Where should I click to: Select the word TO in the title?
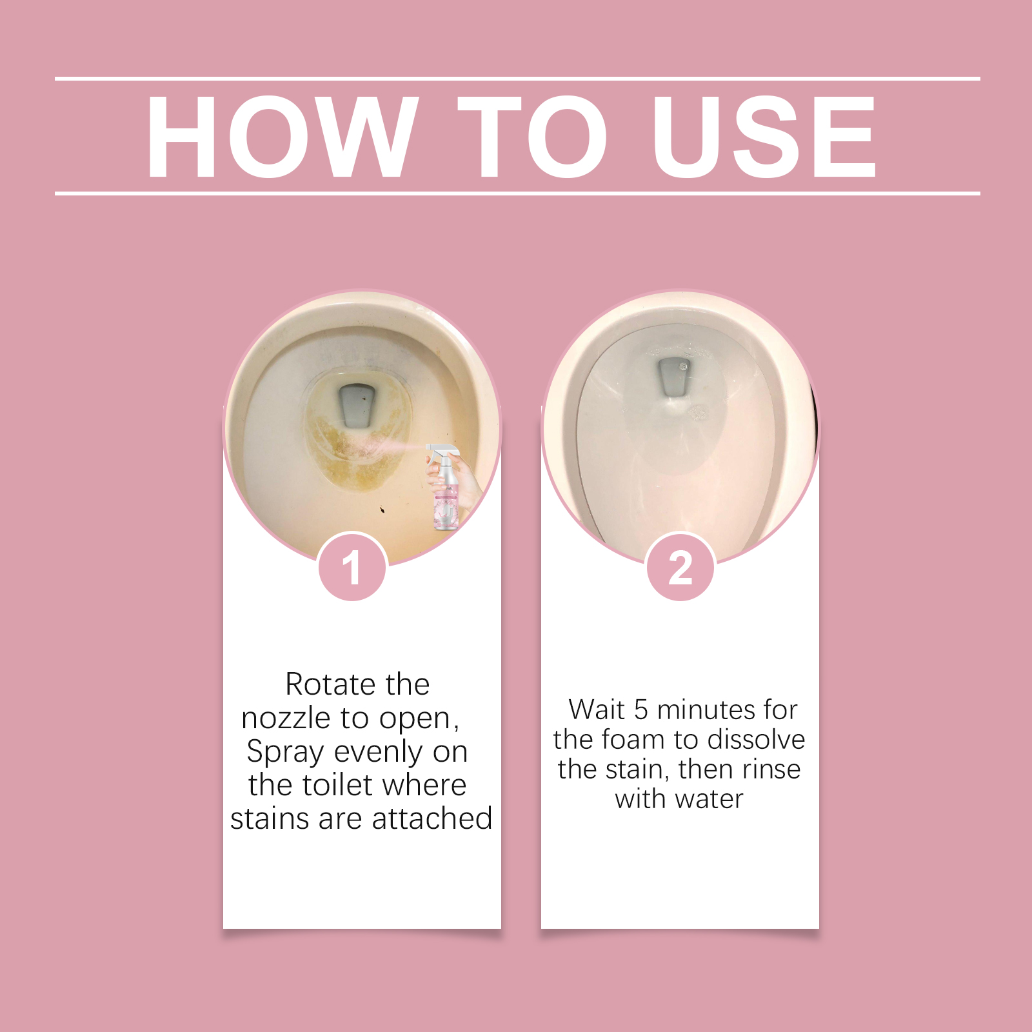[x=533, y=136]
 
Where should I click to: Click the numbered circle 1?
[x=352, y=567]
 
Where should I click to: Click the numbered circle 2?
[x=680, y=567]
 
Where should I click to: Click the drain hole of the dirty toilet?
[x=357, y=405]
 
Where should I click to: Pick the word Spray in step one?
[x=285, y=753]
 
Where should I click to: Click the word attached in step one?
[x=432, y=819]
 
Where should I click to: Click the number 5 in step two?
[x=640, y=709]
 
